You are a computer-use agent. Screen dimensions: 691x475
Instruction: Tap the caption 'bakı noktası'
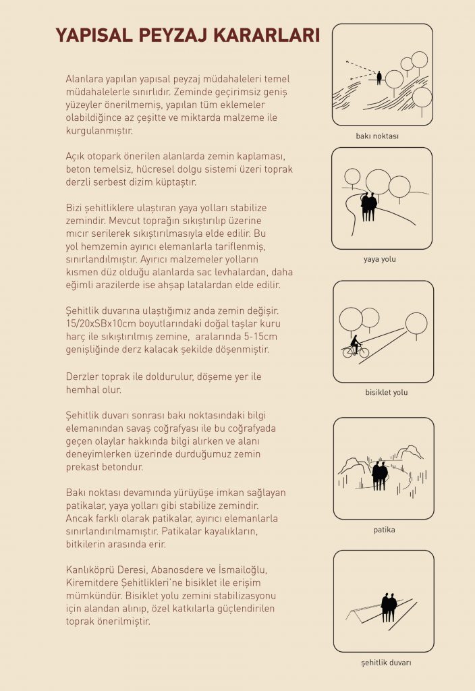pos(377,136)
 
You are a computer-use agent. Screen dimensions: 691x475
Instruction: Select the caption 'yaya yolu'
pos(380,258)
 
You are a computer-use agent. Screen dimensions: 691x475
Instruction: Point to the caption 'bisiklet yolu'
pos(386,392)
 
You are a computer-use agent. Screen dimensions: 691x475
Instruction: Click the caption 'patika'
pos(384,530)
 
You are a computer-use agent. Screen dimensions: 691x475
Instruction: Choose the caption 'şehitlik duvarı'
pos(385,663)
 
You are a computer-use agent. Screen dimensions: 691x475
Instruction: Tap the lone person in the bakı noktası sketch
pos(379,78)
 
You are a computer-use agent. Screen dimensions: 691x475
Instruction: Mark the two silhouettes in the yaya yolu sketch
pos(368,205)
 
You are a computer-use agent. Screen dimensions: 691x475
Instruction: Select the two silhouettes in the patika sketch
pos(380,475)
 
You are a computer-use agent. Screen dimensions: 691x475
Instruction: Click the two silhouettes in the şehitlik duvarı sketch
pos(389,607)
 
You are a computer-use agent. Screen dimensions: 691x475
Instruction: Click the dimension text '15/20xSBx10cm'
pos(101,324)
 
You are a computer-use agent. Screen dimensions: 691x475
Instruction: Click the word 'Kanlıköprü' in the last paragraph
pos(92,570)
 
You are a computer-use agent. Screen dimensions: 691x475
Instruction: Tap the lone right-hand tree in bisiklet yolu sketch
pos(416,323)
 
